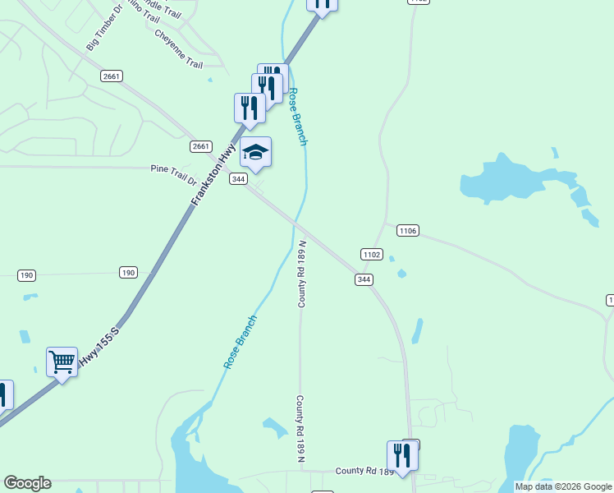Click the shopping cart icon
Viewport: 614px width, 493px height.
pos(62,362)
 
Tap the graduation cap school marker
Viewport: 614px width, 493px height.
pos(255,151)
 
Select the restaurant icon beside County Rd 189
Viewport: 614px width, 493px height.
pos(402,454)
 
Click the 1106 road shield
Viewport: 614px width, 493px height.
pos(408,231)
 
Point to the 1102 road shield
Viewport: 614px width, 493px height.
pos(372,255)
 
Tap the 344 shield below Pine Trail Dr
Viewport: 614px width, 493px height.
pos(238,179)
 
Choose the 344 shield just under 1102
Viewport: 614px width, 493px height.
pos(364,280)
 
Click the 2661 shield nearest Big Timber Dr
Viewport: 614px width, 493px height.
pos(112,76)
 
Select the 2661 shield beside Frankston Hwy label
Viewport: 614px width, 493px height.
pos(201,146)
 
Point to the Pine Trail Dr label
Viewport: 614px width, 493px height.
pos(174,174)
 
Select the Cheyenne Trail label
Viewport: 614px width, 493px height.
pos(178,49)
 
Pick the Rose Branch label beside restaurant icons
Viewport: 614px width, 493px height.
pos(298,117)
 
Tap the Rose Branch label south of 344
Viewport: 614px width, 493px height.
pos(241,341)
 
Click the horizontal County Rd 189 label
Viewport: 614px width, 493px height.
pos(364,472)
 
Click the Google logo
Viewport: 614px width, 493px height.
pos(27,483)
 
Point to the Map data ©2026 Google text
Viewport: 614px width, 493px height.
pos(564,486)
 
